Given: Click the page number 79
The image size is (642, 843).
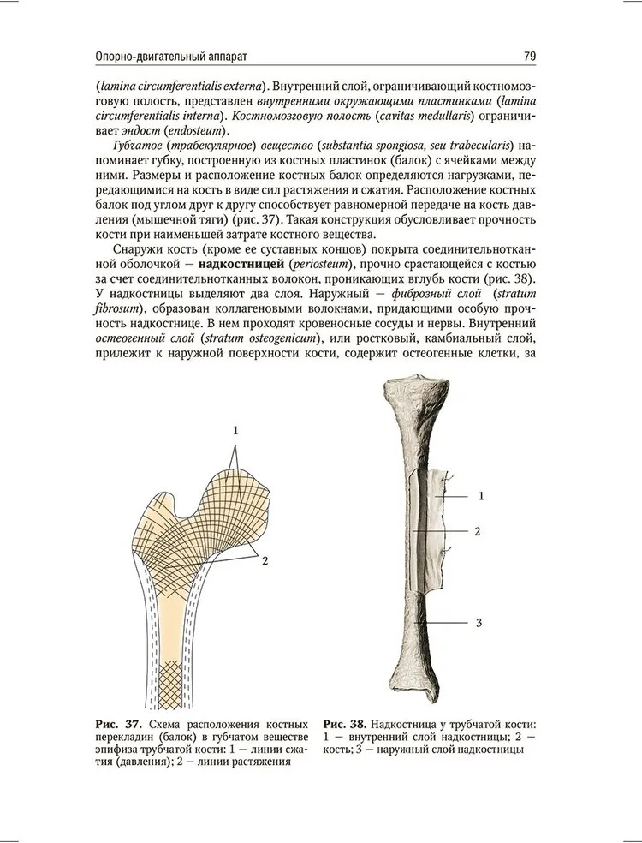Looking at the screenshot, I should [529, 57].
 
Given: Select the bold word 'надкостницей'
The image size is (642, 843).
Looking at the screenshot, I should [244, 263].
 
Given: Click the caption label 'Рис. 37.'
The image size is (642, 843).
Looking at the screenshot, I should [116, 724].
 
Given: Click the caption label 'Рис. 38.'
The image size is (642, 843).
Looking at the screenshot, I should [347, 724].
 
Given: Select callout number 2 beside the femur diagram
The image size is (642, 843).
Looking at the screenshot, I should [265, 561].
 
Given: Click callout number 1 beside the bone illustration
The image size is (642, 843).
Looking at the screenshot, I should [481, 496].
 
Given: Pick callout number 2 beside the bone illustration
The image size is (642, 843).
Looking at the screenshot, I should [477, 531].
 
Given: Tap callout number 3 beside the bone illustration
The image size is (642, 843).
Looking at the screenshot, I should [478, 623].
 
